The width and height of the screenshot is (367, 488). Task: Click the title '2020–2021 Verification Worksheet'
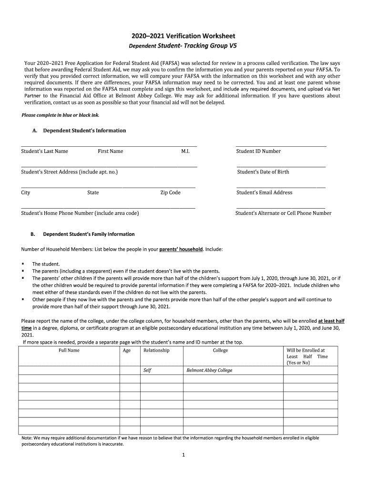pyautogui.click(x=183, y=36)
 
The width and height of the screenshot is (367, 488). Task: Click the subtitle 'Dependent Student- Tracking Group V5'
pyautogui.click(x=183, y=46)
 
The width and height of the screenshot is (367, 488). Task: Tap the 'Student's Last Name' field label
pyautogui.click(x=44, y=152)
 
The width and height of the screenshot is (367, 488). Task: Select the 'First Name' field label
pyautogui.click(x=110, y=152)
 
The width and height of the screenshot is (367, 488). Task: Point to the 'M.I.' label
pyautogui.click(x=185, y=152)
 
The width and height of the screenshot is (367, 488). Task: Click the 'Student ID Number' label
pyautogui.click(x=258, y=152)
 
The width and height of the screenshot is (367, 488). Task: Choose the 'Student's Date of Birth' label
pyautogui.click(x=263, y=172)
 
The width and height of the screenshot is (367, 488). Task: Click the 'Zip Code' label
pyautogui.click(x=170, y=193)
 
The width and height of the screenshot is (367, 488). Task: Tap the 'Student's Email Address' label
pyautogui.click(x=265, y=193)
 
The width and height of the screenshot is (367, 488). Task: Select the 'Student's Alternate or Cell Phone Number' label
pyautogui.click(x=283, y=213)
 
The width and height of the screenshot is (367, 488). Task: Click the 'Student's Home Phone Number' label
pyautogui.click(x=80, y=213)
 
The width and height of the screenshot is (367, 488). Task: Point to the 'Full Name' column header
pyautogui.click(x=69, y=351)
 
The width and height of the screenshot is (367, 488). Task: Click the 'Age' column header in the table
pyautogui.click(x=127, y=351)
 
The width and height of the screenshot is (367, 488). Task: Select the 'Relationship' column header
pyautogui.click(x=156, y=351)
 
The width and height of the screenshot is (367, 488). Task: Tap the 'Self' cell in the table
pyautogui.click(x=147, y=370)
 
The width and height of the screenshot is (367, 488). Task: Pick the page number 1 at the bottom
pyautogui.click(x=183, y=455)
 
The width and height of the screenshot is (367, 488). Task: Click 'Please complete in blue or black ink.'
pyautogui.click(x=61, y=115)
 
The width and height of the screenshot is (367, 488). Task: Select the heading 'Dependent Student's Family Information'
pyautogui.click(x=89, y=234)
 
